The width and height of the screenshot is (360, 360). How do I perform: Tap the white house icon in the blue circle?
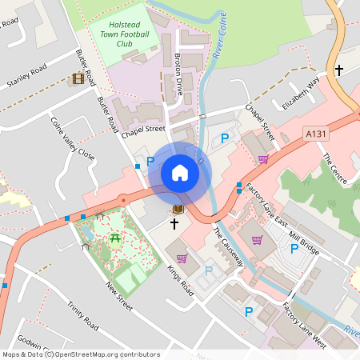pyautogui.click(x=180, y=173)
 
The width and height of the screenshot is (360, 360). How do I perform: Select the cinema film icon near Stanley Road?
pyautogui.click(x=78, y=78)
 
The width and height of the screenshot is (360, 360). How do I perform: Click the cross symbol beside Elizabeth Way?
pyautogui.click(x=338, y=70)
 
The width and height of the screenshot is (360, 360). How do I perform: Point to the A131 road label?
pyautogui.click(x=315, y=133)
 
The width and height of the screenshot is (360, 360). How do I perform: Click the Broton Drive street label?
pyautogui.click(x=178, y=75)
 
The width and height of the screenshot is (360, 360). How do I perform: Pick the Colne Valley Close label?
pyautogui.click(x=72, y=138)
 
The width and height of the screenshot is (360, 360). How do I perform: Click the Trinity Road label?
pyautogui.click(x=82, y=315)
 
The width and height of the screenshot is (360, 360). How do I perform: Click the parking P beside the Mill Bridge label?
pyautogui.click(x=294, y=250)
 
